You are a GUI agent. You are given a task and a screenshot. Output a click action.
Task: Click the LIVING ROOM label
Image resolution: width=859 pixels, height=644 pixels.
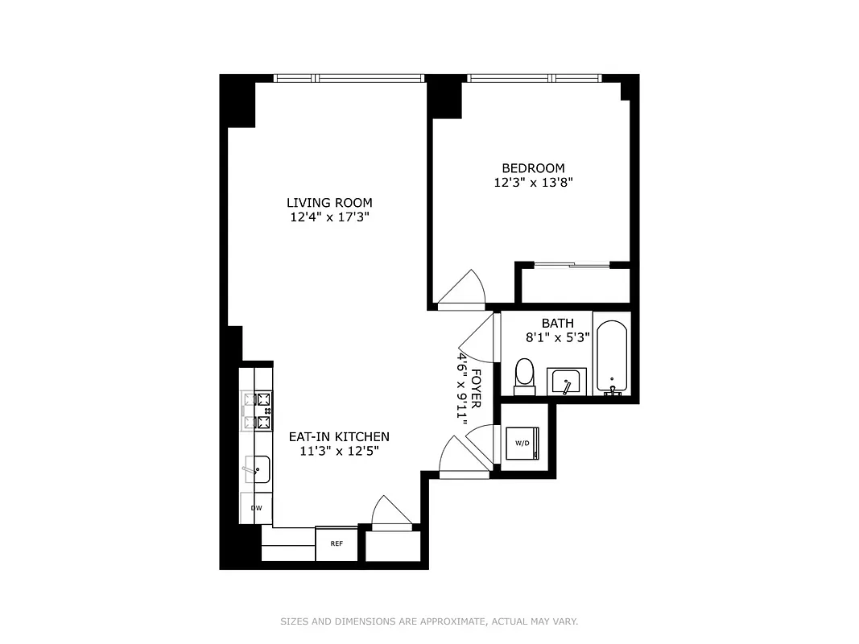pyautogui.click(x=329, y=202)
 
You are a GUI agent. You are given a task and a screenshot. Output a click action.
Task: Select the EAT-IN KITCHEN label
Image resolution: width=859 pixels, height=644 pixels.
pyautogui.click(x=339, y=436)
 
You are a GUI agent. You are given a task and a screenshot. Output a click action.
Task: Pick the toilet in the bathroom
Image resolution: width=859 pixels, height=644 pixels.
pyautogui.click(x=524, y=376)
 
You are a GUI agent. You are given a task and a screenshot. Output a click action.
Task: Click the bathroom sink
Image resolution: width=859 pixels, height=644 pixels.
pyautogui.click(x=569, y=382)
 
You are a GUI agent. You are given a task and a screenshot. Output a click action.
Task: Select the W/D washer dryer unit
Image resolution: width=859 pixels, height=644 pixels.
pyautogui.click(x=522, y=443)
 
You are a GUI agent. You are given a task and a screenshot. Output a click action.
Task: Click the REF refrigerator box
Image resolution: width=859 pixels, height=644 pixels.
pyautogui.click(x=336, y=544)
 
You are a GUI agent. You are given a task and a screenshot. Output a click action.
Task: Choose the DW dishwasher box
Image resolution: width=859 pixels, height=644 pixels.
pyautogui.click(x=256, y=508)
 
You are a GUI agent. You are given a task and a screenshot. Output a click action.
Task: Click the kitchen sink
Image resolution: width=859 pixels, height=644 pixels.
pyautogui.click(x=258, y=469)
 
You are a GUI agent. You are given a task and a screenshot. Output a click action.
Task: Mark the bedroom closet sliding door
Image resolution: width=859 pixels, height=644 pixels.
pyautogui.click(x=572, y=264)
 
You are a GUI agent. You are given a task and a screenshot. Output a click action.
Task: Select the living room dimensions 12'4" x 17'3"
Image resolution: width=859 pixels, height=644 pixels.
pyautogui.click(x=329, y=217)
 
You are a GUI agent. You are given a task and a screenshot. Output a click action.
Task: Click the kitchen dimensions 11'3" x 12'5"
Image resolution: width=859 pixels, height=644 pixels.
pyautogui.click(x=339, y=451)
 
